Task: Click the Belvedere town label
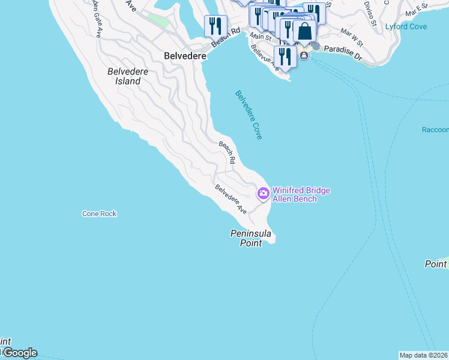[185, 55]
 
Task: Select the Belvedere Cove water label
[249, 115]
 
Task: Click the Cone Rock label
[99, 214]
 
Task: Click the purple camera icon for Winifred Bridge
[263, 193]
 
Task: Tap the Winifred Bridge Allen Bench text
[301, 194]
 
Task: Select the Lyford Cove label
[406, 26]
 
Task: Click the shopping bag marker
[304, 31]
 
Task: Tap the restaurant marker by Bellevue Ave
[285, 56]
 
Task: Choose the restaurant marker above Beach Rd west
[214, 26]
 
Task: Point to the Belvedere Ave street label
[231, 200]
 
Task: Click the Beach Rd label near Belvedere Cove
[227, 153]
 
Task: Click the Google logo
[19, 353]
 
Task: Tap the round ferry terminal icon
[304, 56]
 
